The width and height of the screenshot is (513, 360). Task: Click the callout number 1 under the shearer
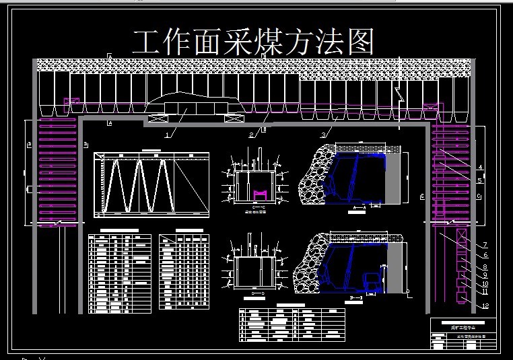pyautogui.click(x=168, y=133)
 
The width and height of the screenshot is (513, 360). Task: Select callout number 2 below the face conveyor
pyautogui.click(x=252, y=135)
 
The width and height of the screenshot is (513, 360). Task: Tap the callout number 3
pyautogui.click(x=323, y=135)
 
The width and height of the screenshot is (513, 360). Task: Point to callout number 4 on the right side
pyautogui.click(x=480, y=167)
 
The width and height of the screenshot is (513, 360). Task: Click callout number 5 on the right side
pyautogui.click(x=480, y=180)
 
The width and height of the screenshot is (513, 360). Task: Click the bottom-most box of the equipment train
pyautogui.click(x=462, y=295)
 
